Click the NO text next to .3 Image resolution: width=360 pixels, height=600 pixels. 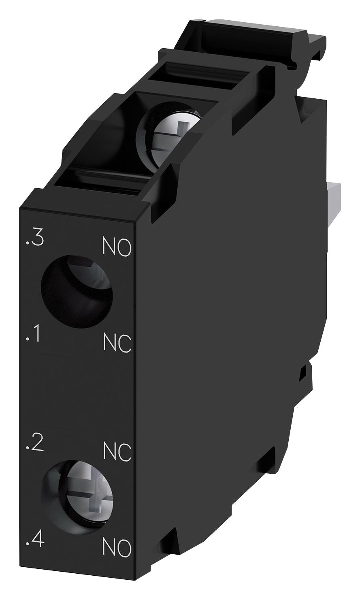pos(117,247)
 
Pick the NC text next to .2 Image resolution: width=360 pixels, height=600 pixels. pos(117,452)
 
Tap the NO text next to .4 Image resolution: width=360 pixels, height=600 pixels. pos(117,549)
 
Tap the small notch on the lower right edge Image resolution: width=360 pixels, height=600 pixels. pos(303,372)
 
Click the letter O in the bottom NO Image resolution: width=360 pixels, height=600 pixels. pos(125,549)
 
